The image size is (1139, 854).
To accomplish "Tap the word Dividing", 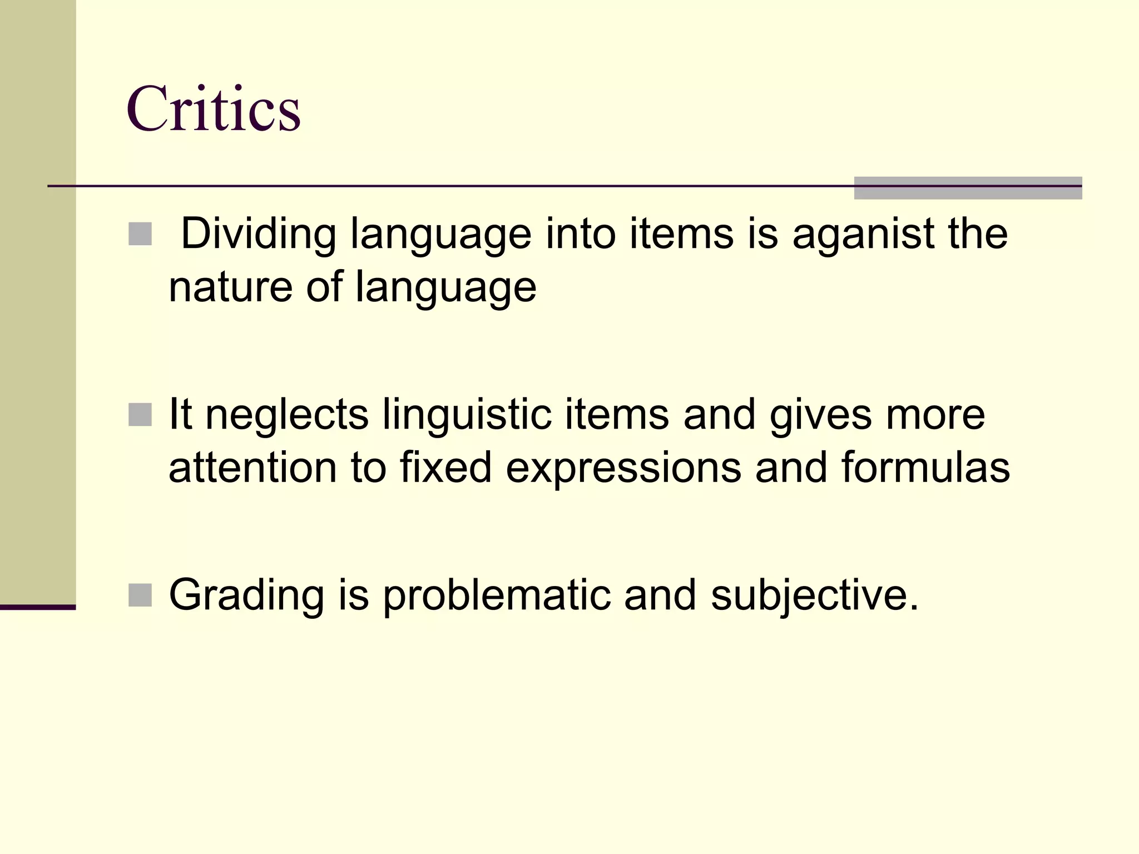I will coord(259,234).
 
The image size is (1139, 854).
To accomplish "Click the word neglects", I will coord(287,415).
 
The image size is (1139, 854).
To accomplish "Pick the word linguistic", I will coord(467,415).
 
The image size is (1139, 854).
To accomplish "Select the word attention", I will coord(252,468).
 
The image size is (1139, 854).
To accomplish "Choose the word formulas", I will coord(925,468).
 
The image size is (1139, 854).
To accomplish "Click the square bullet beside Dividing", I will coord(140,234).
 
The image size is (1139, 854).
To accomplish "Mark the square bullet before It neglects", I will coord(140,415).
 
